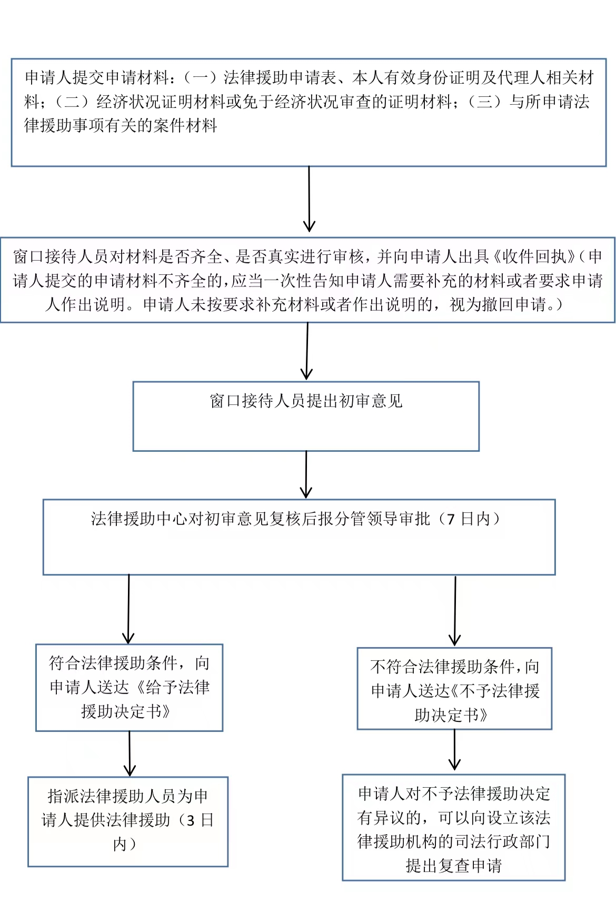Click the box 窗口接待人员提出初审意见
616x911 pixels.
click(306, 416)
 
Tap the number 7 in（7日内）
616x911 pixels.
click(451, 520)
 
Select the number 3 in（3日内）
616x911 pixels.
click(191, 821)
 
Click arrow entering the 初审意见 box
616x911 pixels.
click(307, 351)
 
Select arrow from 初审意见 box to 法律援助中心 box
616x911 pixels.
click(306, 474)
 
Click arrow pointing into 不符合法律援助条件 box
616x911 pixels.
click(455, 611)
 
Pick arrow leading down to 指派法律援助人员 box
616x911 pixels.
click(129, 754)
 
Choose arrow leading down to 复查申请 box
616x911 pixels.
click(454, 750)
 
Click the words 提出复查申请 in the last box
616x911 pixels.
click(454, 865)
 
